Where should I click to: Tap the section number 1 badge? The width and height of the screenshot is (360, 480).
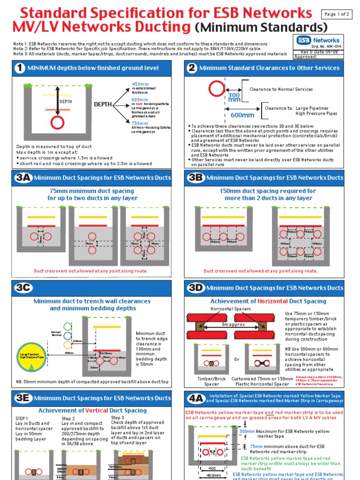20,68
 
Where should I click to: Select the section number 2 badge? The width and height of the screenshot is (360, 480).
192,68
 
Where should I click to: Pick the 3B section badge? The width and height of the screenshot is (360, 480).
195,178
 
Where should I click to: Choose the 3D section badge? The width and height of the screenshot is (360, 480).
195,287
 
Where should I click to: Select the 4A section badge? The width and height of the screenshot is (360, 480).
195,398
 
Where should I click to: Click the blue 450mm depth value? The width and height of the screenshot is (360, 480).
140,84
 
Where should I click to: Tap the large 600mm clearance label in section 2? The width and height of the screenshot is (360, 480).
242,115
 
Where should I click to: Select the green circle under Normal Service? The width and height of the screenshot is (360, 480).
68,326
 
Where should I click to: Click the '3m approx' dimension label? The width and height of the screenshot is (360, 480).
233,324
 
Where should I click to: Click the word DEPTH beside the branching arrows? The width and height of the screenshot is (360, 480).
103,104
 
